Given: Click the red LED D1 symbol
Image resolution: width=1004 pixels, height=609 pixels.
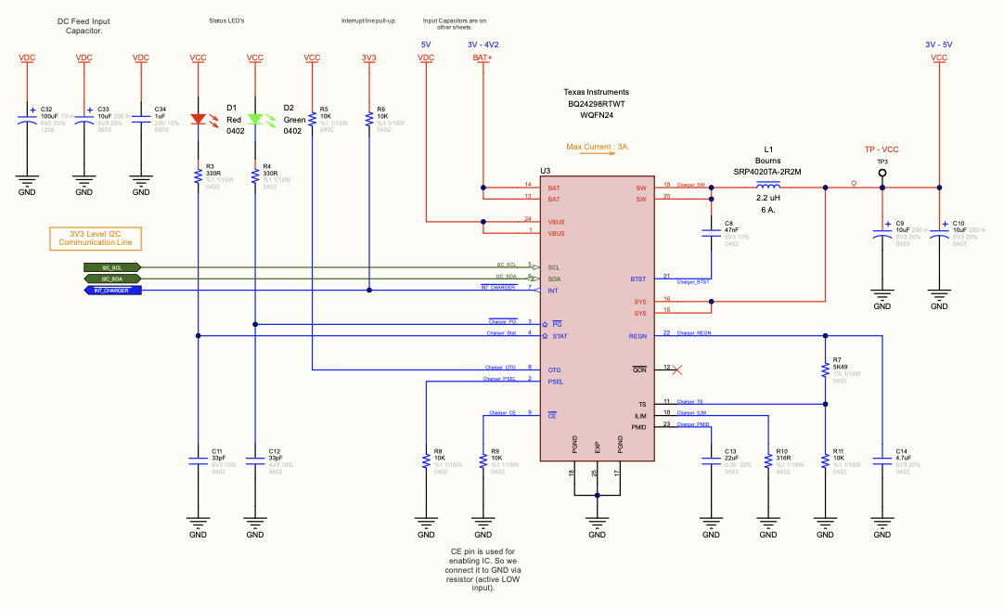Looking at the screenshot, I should [198, 119].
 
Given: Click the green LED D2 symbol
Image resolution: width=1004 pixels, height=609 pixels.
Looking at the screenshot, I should [255, 119].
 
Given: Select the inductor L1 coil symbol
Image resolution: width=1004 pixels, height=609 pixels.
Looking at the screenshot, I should [768, 187].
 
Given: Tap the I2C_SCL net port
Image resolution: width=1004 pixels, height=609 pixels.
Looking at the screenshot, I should [111, 267].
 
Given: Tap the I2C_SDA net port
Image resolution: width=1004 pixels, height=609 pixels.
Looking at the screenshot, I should [111, 279].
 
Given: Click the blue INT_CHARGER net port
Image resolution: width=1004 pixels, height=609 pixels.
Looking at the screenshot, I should [112, 291].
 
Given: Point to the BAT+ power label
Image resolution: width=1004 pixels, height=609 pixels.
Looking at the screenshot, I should [483, 58].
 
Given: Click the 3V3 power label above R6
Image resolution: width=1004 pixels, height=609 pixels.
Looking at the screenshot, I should [369, 58].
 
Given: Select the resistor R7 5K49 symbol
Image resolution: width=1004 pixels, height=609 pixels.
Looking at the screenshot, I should [825, 369].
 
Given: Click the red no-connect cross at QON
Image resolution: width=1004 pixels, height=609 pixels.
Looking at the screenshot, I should [677, 369].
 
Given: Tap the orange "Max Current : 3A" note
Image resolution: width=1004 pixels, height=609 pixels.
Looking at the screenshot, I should [598, 147].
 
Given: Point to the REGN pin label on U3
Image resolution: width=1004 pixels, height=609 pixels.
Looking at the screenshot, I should [637, 335].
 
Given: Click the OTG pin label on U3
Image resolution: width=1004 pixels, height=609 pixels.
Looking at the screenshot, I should [554, 369].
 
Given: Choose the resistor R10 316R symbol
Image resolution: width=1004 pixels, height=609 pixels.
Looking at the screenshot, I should [768, 460].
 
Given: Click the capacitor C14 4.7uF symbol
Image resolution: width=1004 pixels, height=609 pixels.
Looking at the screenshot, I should [882, 460].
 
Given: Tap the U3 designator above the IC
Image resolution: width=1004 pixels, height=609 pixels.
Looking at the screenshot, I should [546, 172].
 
